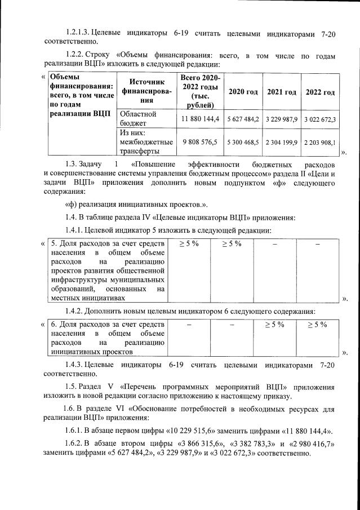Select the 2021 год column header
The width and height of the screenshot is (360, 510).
(281, 92)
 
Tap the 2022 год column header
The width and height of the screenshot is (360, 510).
(320, 92)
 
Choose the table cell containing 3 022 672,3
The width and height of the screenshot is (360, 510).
(320, 119)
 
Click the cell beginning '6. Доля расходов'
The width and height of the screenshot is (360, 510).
(107, 338)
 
